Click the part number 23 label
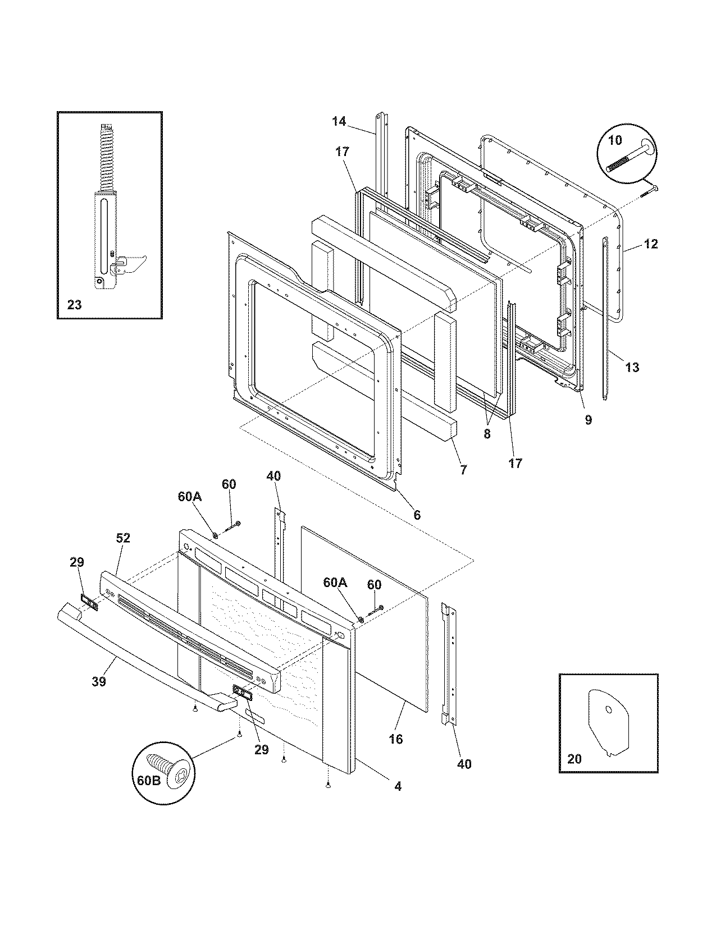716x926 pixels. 74,305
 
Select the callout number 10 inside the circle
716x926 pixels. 615,140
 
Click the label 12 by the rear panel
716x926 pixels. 650,244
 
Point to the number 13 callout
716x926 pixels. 632,368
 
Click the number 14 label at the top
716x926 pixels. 339,121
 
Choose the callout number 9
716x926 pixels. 588,420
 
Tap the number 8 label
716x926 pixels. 486,434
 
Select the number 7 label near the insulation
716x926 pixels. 463,470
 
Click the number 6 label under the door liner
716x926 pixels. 417,515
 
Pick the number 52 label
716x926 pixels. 123,538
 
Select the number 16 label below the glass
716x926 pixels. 395,739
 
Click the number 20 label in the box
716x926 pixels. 574,759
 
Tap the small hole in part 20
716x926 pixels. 609,709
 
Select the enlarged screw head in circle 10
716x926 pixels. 646,149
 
